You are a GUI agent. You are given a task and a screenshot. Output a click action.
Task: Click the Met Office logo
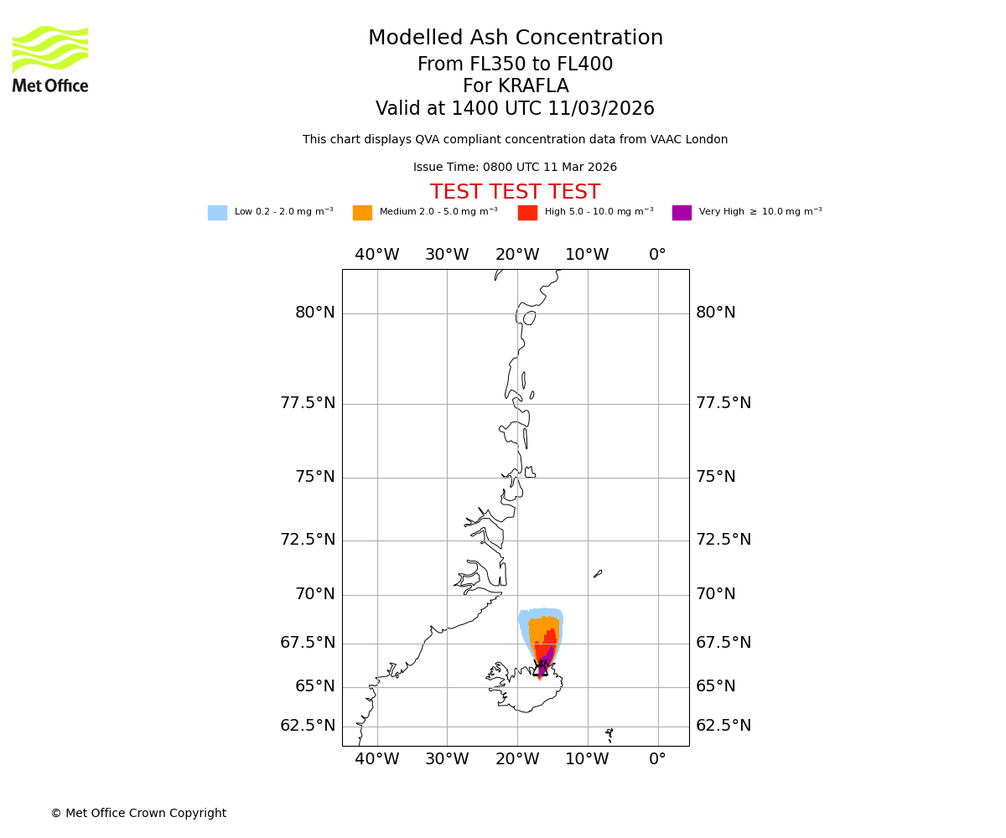coord(50,59)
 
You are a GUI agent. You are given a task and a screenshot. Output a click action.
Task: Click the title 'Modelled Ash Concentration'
coord(516,39)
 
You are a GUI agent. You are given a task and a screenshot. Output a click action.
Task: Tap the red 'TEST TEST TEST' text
coord(515,193)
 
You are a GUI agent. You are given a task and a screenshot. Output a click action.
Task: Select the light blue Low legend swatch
coord(217,213)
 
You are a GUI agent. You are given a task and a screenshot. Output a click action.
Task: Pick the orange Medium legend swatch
coord(362,213)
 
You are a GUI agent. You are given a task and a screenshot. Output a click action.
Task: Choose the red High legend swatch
coord(527,213)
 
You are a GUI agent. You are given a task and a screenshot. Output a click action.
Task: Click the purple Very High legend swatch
coord(682,213)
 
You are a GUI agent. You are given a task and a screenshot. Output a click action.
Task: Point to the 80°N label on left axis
coord(314,313)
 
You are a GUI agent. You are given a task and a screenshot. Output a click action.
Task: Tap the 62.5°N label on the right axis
coord(723,726)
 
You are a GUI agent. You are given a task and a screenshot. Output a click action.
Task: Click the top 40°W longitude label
coord(377,255)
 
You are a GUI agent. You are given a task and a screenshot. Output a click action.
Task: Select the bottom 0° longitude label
coord(658,760)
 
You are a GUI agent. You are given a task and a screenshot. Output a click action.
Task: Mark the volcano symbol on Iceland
coord(541,669)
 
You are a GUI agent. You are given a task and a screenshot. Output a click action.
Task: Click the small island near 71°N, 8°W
coord(598,574)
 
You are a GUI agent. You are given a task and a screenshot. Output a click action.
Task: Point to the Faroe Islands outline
coord(609,734)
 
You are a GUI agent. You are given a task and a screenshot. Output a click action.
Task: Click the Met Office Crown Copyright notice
coord(138,814)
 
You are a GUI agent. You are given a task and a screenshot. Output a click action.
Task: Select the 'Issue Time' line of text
coord(515,168)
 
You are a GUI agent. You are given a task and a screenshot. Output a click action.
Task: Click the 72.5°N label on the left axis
coord(308,540)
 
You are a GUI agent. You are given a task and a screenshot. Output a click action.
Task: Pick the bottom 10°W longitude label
coord(587,760)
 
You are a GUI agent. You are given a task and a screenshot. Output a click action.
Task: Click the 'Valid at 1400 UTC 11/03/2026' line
coord(515,109)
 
